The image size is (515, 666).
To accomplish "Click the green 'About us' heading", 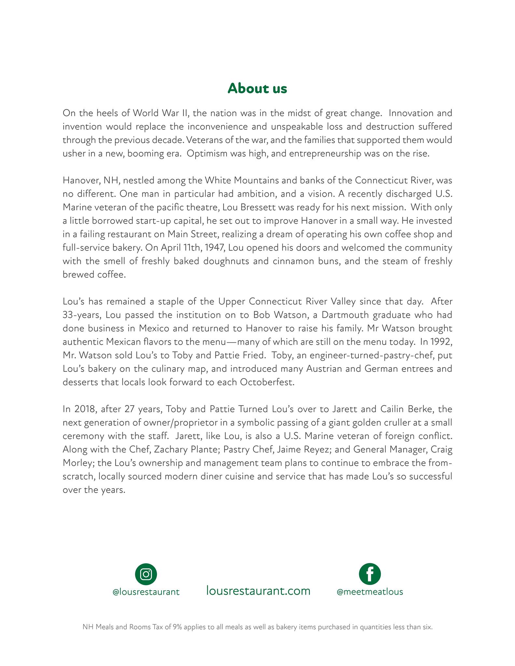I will coord(257,88).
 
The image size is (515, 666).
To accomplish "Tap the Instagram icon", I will coord(146,574).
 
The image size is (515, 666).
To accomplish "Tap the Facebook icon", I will coord(370,574).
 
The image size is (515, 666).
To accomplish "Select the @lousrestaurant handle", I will coord(146,592).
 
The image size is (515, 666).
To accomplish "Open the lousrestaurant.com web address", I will coord(258,591).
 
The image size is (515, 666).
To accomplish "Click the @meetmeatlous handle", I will coord(370,592).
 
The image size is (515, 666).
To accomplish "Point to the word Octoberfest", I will coord(267,382).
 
